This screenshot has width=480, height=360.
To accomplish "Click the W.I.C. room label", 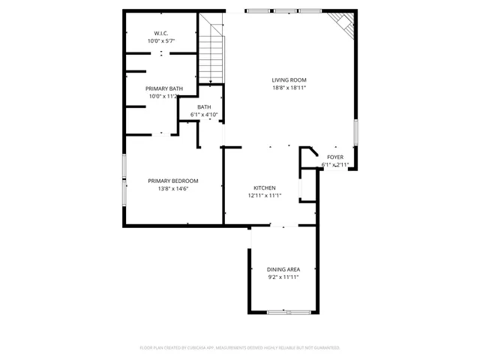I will [161, 33].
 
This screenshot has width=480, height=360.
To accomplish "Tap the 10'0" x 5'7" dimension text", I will [161, 40].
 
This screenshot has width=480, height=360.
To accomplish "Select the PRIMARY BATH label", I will [163, 88].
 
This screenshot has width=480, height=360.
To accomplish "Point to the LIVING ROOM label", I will [289, 80].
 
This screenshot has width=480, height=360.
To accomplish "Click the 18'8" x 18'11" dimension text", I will [289, 88].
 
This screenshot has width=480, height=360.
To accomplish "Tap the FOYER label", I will [335, 157].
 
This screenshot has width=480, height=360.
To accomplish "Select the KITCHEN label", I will [264, 188].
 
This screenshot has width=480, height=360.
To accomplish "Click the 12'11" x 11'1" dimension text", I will [264, 196].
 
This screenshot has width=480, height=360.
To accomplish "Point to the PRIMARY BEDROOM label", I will [172, 181].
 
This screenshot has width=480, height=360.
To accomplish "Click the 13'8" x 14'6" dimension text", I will [172, 189].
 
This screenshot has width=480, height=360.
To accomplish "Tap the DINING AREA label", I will [283, 269].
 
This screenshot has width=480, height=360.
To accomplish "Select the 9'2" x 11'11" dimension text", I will [283, 277].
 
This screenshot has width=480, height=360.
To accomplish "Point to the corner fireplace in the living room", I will [346, 24].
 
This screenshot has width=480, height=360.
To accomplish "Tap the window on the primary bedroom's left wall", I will [124, 180].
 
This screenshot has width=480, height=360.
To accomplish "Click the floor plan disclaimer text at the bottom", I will [240, 348].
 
